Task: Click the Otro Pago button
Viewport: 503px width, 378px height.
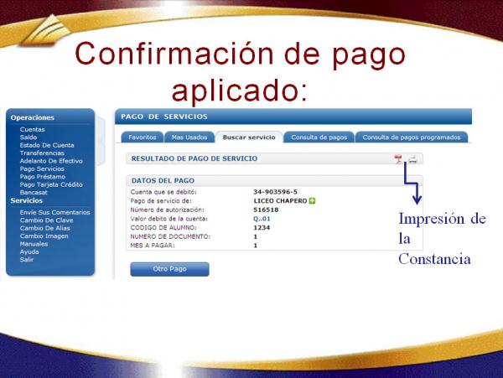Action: (x=169, y=269)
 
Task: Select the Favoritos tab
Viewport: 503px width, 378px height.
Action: (x=143, y=137)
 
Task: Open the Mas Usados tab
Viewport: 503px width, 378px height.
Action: (x=189, y=137)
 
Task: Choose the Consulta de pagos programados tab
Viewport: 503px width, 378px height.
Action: (x=412, y=137)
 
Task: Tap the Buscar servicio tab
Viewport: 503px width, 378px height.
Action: (x=249, y=137)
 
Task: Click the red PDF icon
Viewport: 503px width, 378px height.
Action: (x=398, y=158)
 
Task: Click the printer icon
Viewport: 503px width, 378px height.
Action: (x=412, y=159)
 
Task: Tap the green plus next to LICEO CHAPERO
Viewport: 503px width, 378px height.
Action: (x=312, y=200)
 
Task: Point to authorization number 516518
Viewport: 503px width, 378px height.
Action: (x=266, y=210)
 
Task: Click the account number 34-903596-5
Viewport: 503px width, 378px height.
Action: (x=275, y=192)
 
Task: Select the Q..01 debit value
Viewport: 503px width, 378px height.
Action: (x=262, y=219)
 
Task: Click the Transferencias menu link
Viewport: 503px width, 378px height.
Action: (x=42, y=153)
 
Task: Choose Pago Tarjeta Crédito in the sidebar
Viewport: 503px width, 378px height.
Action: (x=51, y=184)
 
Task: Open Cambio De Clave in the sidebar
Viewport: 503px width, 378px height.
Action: (x=46, y=220)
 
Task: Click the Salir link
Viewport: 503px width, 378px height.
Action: (x=27, y=260)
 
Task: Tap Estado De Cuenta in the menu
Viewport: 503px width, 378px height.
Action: (x=47, y=145)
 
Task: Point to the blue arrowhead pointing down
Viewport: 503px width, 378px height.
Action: (x=417, y=199)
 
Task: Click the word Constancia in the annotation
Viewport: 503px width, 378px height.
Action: (x=434, y=259)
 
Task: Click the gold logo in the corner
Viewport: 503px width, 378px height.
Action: (x=46, y=30)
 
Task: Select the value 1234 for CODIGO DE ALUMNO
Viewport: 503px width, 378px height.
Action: (x=262, y=228)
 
